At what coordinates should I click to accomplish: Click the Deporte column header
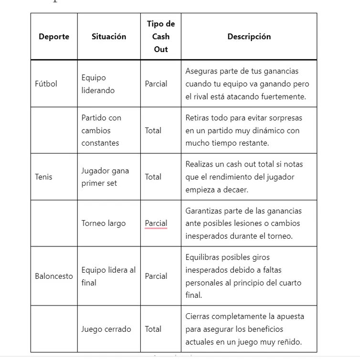pyautogui.click(x=54, y=37)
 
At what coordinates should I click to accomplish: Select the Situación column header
pyautogui.click(x=109, y=36)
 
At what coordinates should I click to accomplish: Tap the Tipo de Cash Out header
pyautogui.click(x=161, y=36)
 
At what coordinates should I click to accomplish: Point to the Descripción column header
pyautogui.click(x=249, y=36)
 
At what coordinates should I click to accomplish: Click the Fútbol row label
pyautogui.click(x=46, y=84)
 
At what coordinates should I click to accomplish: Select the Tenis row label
pyautogui.click(x=43, y=177)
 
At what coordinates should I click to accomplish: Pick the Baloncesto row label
pyautogui.click(x=54, y=276)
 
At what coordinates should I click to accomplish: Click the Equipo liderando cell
pyautogui.click(x=98, y=84)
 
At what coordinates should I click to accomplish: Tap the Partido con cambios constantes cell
pyautogui.click(x=101, y=130)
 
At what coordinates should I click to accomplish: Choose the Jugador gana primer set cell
pyautogui.click(x=105, y=177)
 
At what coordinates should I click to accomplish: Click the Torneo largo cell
pyautogui.click(x=104, y=223)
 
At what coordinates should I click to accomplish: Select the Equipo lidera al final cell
pyautogui.click(x=108, y=276)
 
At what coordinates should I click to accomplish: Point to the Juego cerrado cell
pyautogui.click(x=106, y=328)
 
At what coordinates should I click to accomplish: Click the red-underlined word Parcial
pyautogui.click(x=156, y=223)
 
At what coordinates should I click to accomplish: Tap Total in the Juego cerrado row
pyautogui.click(x=153, y=328)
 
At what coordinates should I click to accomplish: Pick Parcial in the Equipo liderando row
pyautogui.click(x=156, y=84)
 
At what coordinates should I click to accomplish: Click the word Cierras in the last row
pyautogui.click(x=198, y=316)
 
